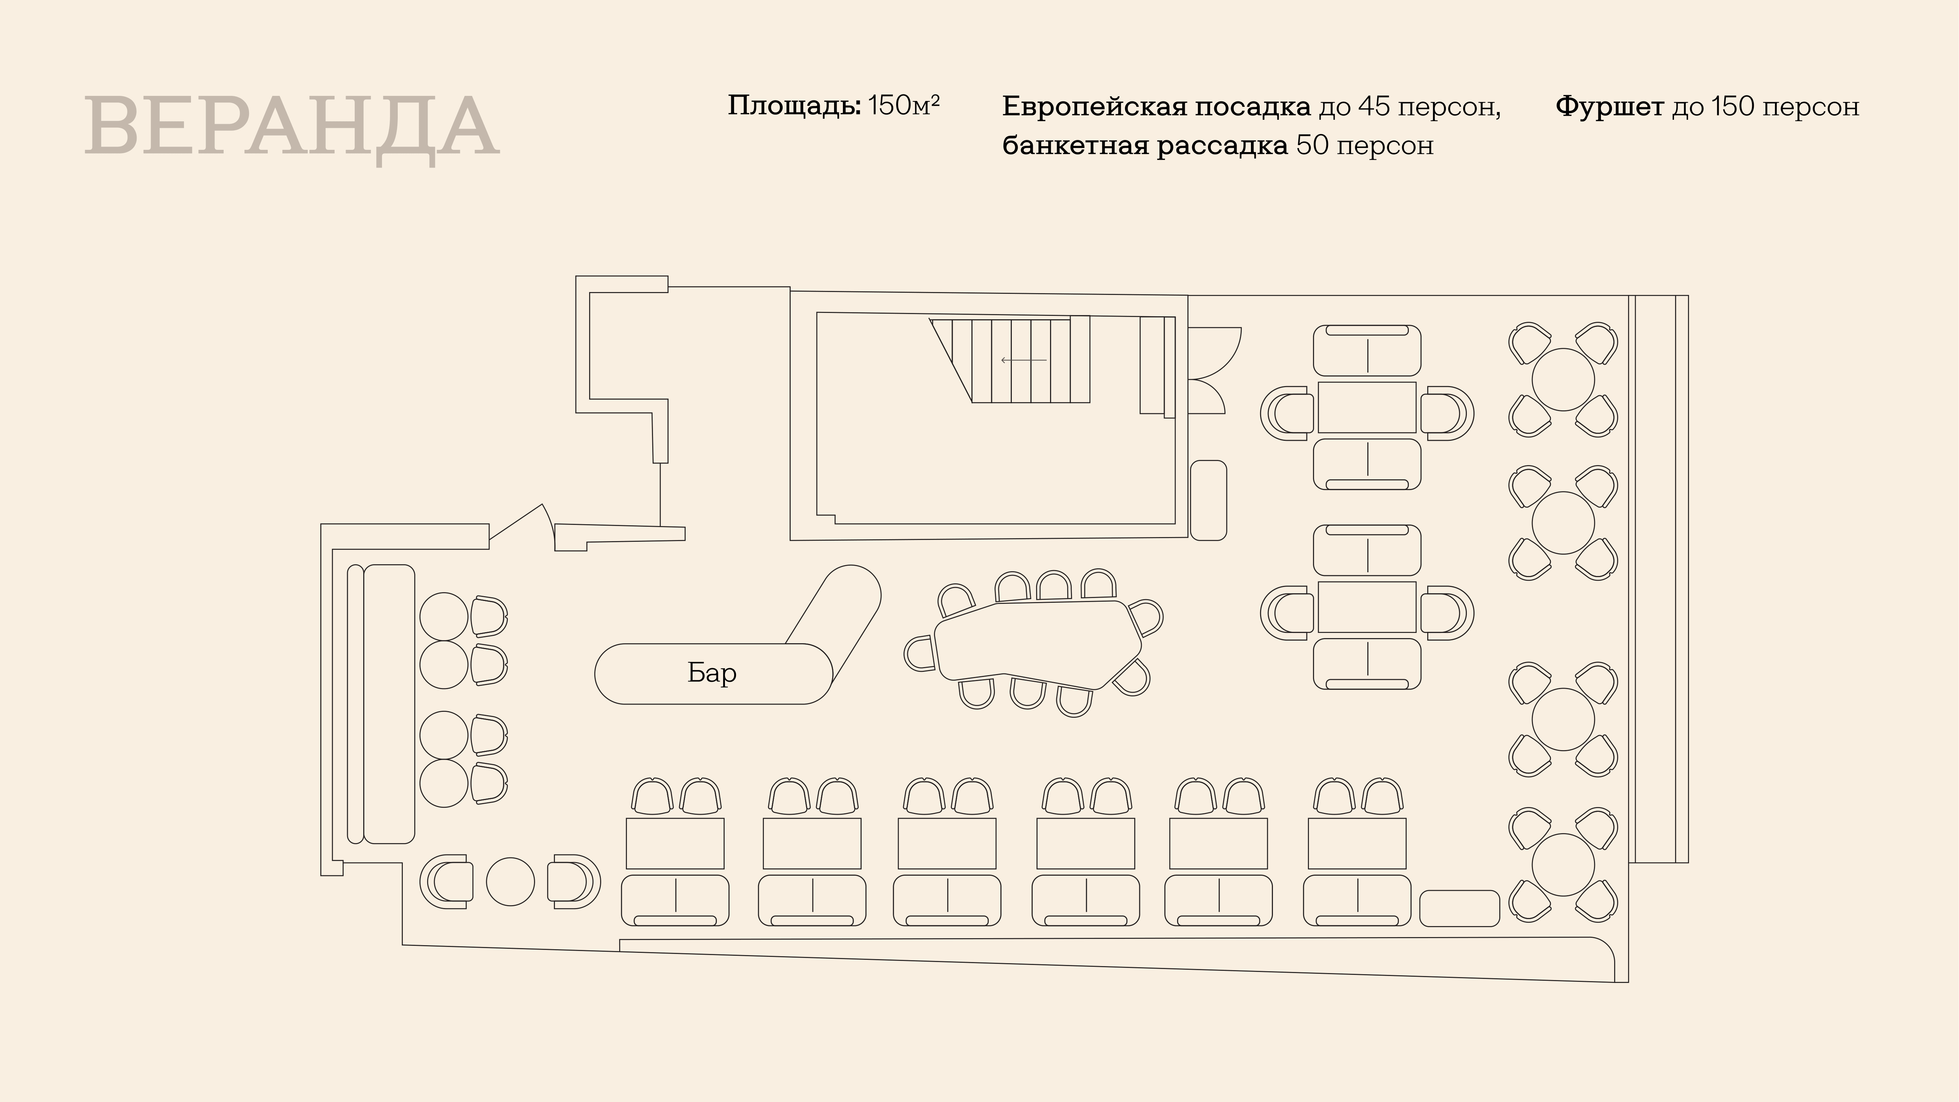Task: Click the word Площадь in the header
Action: click(x=794, y=106)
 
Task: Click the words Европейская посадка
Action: click(x=1156, y=107)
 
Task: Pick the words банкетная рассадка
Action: click(x=1144, y=145)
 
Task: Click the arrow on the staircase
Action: click(x=1024, y=360)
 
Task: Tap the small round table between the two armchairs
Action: click(x=510, y=882)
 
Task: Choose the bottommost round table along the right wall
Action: click(x=1563, y=865)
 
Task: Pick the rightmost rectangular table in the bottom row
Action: click(x=1357, y=843)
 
